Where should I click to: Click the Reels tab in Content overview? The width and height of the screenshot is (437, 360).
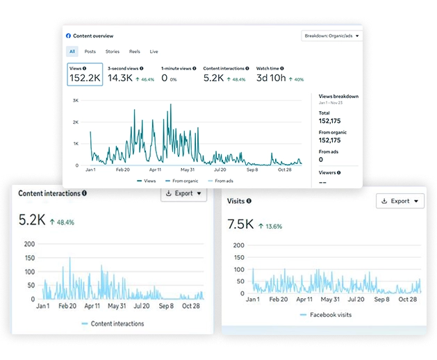click(135, 51)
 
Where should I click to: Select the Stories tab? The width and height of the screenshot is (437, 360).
click(113, 51)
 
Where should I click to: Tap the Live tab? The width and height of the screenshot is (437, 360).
click(154, 51)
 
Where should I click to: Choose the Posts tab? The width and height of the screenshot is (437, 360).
click(90, 51)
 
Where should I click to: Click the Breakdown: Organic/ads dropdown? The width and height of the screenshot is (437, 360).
click(331, 35)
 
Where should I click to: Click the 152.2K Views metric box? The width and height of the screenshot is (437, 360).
click(85, 75)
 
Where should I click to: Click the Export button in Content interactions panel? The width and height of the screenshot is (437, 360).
click(183, 193)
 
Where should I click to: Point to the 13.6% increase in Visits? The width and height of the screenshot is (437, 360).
click(270, 226)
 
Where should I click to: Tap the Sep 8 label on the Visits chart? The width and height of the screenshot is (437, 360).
click(382, 300)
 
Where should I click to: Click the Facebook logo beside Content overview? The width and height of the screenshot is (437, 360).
click(68, 35)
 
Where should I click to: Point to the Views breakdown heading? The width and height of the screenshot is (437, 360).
click(338, 97)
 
